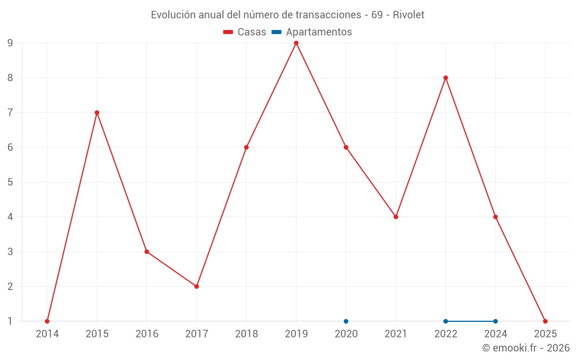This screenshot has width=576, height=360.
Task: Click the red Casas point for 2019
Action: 296,43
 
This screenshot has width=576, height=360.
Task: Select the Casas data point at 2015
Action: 97,112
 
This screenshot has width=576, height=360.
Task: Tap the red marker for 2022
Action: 445,78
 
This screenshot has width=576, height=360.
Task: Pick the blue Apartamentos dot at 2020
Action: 346,321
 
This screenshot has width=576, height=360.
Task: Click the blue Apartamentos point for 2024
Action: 495,321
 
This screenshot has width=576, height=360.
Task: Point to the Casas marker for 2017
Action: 196,286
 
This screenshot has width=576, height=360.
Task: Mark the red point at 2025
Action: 545,321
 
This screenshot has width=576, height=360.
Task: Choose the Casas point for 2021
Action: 396,217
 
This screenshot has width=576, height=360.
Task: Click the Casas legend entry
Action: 245,32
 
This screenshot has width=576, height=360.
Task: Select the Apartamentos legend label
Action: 319,32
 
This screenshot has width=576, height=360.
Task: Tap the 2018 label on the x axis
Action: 246,334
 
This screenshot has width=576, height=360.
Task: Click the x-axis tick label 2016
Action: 146,334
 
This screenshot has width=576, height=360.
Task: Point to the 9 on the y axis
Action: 10,43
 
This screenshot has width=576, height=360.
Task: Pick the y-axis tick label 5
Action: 10,182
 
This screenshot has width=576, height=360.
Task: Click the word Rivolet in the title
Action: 408,15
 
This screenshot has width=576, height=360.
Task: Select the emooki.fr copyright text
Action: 526,348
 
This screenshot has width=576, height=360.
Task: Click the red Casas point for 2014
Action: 47,321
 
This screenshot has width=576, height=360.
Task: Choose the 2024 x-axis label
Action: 495,334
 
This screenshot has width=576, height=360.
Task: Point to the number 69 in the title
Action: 377,15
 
